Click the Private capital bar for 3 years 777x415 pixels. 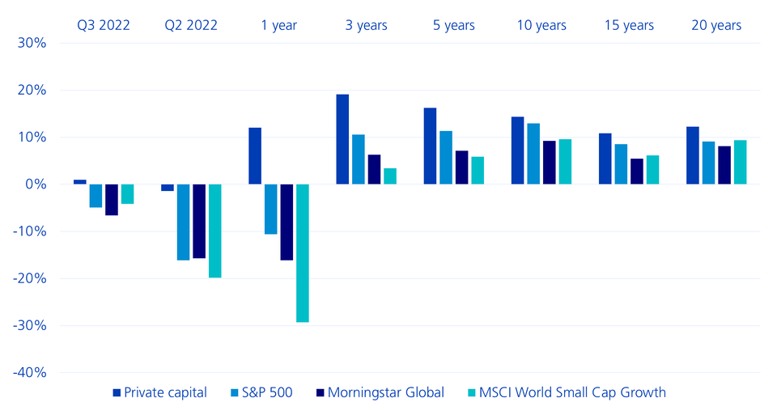click(342, 139)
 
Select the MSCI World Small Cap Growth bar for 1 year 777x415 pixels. click(303, 252)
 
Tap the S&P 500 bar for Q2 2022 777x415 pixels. click(183, 222)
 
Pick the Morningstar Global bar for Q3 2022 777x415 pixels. click(112, 199)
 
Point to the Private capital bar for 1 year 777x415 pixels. click(255, 155)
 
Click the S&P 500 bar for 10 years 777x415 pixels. click(533, 154)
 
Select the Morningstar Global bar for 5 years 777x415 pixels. click(461, 167)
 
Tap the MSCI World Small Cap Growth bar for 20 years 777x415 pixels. click(740, 162)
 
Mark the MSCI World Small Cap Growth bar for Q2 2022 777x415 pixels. click(214, 231)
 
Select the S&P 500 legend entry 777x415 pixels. click(261, 393)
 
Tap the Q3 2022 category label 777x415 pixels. click(104, 25)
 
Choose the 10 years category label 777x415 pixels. click(541, 25)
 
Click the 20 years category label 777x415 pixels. click(716, 25)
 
